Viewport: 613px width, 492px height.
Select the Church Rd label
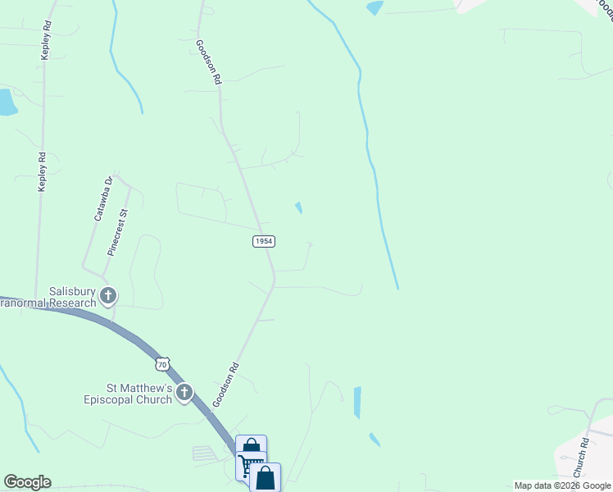tap(581, 458)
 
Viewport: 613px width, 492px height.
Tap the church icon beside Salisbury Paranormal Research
tap(107, 295)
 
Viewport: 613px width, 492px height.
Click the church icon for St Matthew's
tap(184, 394)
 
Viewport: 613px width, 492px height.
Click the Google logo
tap(27, 482)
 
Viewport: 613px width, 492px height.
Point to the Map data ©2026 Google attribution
tap(562, 485)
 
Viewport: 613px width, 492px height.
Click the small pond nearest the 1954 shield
tap(299, 207)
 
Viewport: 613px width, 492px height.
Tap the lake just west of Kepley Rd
tap(6, 102)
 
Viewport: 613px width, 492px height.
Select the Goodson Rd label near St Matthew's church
tap(226, 385)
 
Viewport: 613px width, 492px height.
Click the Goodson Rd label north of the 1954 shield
tap(209, 62)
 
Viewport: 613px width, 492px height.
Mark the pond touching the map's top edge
tap(375, 7)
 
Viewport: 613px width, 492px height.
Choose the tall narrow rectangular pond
tap(357, 402)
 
